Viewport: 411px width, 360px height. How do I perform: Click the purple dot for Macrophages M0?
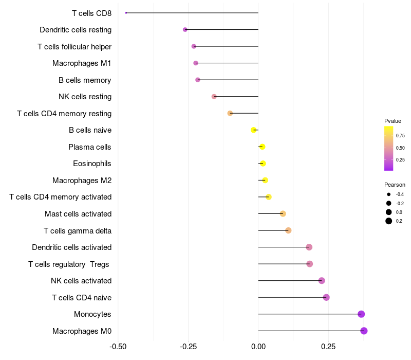pyautogui.click(x=364, y=331)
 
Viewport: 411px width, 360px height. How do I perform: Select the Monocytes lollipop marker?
pyautogui.click(x=361, y=314)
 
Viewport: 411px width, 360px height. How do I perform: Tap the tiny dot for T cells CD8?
pyautogui.click(x=126, y=13)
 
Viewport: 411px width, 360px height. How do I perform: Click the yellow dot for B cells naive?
pyautogui.click(x=253, y=130)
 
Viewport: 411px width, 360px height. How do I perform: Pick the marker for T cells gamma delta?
pyautogui.click(x=288, y=230)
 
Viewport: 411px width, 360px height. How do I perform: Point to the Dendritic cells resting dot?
pyautogui.click(x=185, y=30)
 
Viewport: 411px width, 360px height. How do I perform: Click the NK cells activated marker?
pyautogui.click(x=322, y=281)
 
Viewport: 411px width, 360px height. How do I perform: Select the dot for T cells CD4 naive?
pyautogui.click(x=326, y=297)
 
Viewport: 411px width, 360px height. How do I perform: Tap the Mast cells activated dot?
pyautogui.click(x=283, y=213)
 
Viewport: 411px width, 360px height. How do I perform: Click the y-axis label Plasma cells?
pyautogui.click(x=90, y=147)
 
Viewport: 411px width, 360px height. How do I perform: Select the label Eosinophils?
pyautogui.click(x=92, y=164)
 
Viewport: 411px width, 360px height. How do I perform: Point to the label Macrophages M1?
pyautogui.click(x=82, y=63)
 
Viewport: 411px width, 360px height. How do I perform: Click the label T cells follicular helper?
pyautogui.click(x=74, y=47)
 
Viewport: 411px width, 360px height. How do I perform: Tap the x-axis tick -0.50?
pyautogui.click(x=118, y=347)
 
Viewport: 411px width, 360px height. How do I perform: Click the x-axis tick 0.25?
pyautogui.click(x=329, y=347)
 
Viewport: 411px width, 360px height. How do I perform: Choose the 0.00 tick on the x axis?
pyautogui.click(x=258, y=347)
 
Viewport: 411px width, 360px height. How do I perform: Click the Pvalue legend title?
pyautogui.click(x=393, y=121)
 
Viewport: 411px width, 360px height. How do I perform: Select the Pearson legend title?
pyautogui.click(x=395, y=185)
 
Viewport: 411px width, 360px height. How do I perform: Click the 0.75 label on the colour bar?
pyautogui.click(x=400, y=136)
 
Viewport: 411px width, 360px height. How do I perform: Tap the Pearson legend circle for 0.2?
pyautogui.click(x=389, y=221)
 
